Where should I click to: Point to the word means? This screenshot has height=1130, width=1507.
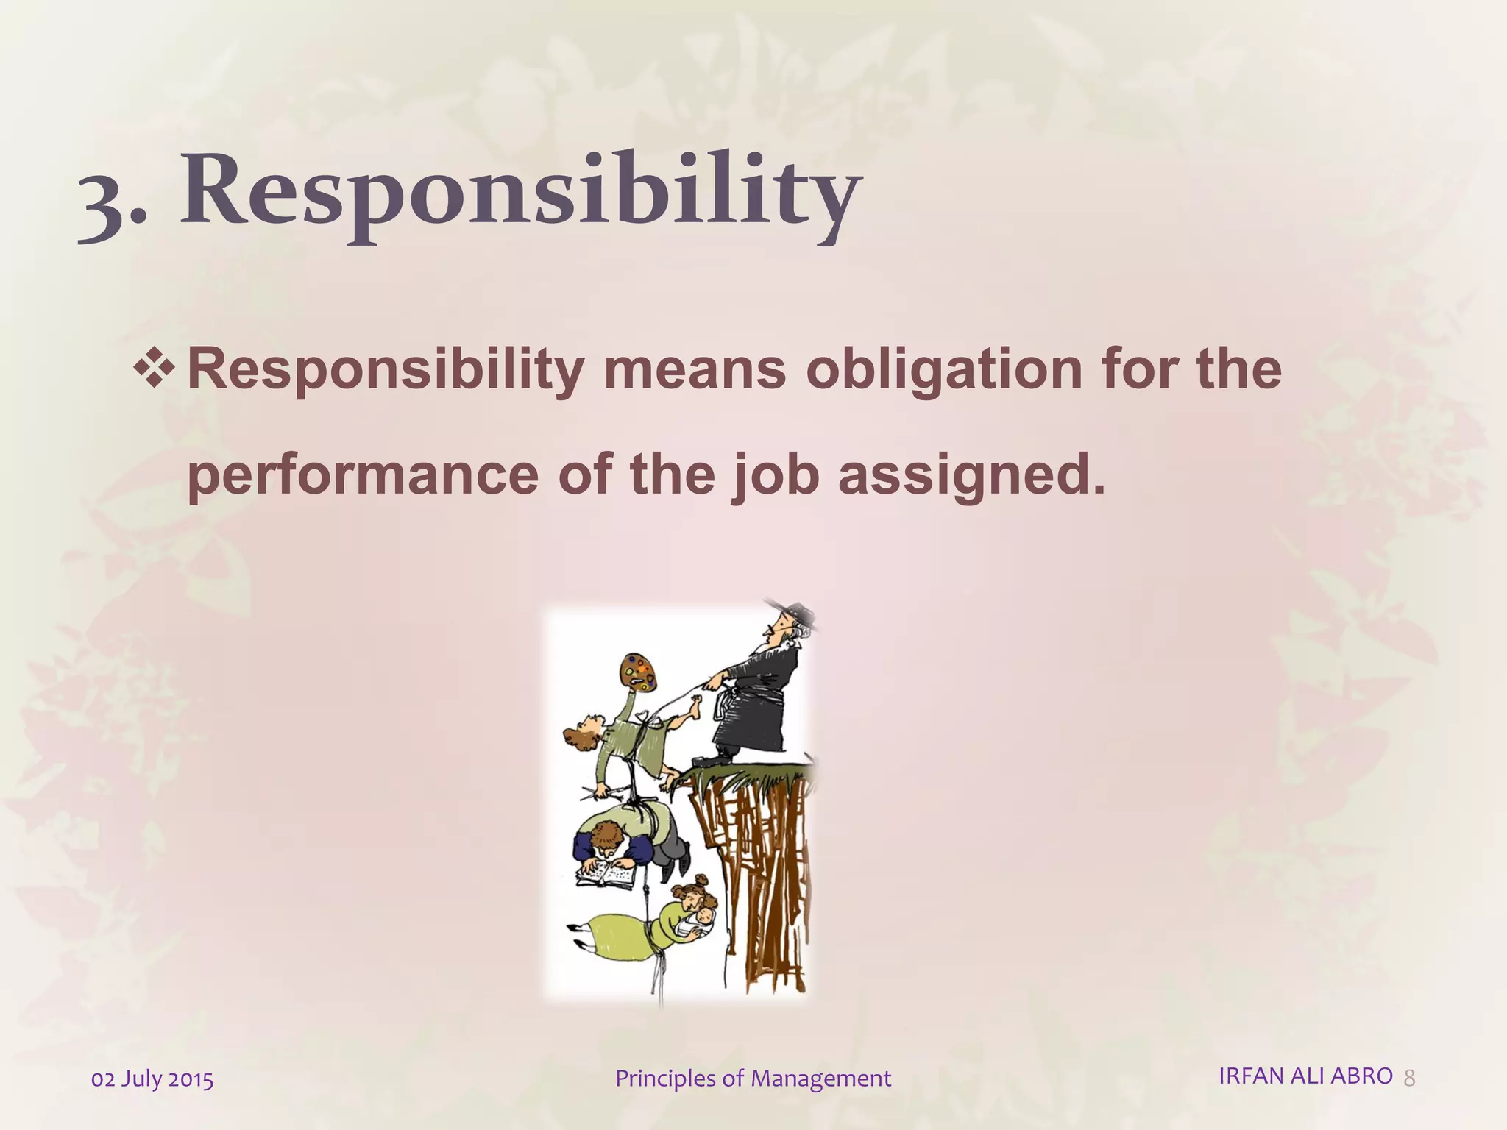(694, 369)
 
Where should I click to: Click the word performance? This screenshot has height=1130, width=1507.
(363, 475)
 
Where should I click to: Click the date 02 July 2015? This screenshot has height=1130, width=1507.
(152, 1079)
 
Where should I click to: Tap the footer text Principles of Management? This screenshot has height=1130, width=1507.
(753, 1079)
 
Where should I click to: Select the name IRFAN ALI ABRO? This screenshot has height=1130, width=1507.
(1305, 1076)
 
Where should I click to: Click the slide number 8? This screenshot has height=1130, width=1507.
(1409, 1079)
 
